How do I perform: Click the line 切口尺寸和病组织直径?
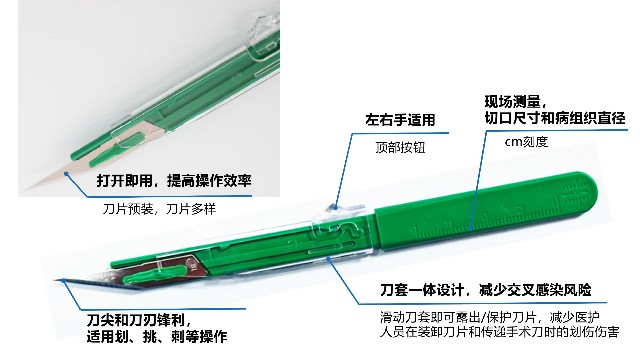tap(556, 119)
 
